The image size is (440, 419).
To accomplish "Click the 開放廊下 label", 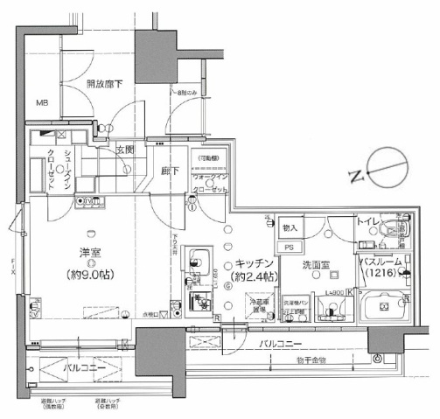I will (x=104, y=84).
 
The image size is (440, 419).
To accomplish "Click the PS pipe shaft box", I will (x=287, y=247).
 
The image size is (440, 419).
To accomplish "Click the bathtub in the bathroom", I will (x=386, y=309).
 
